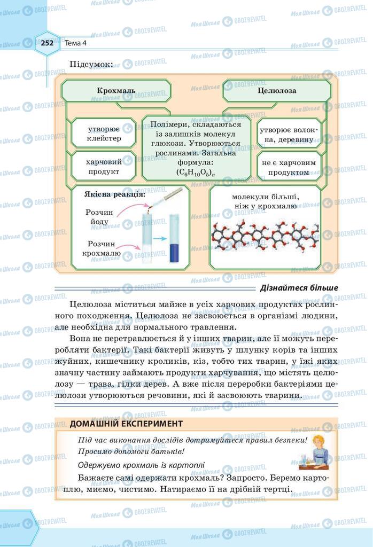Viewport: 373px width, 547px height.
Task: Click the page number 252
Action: pyautogui.click(x=47, y=43)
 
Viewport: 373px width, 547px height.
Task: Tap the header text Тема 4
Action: pyautogui.click(x=76, y=43)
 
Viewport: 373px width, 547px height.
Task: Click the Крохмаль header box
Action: pyautogui.click(x=116, y=91)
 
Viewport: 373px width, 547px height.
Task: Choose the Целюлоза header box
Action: pyautogui.click(x=277, y=91)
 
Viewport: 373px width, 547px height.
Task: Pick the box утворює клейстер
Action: pyautogui.click(x=104, y=134)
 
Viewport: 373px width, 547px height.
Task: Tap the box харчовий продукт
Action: pyautogui.click(x=104, y=167)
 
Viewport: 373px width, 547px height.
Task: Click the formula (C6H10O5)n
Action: pyautogui.click(x=193, y=173)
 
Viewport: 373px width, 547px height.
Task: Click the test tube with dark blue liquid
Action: pyautogui.click(x=174, y=240)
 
